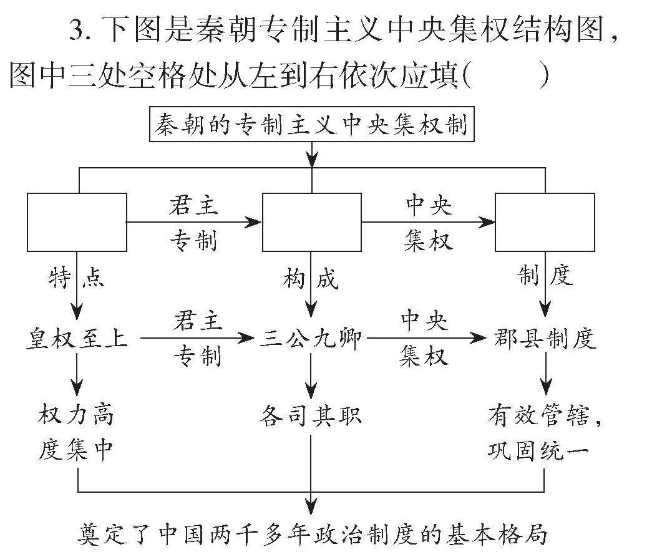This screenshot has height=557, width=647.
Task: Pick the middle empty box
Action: pos(311,222)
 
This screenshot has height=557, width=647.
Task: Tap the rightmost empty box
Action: pos(545,222)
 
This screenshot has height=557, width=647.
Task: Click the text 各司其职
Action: pos(311,416)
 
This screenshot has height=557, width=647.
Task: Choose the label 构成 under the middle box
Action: pos(311,278)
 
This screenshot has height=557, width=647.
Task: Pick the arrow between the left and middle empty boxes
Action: pos(193,221)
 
